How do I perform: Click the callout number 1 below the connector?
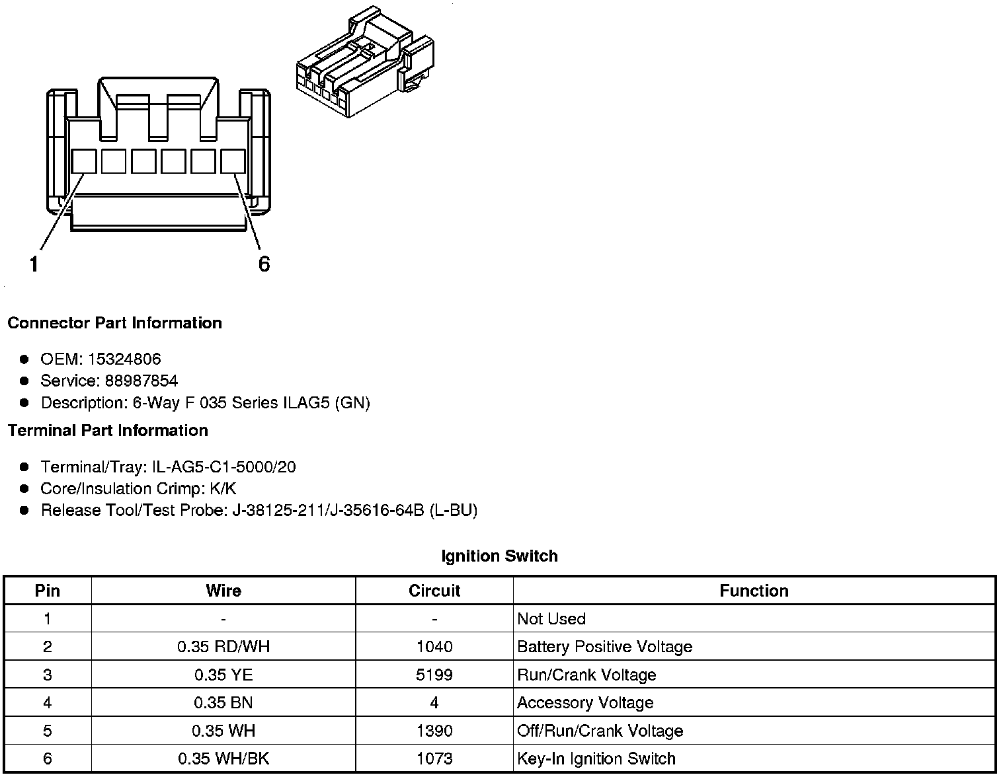[34, 264]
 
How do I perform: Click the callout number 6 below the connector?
[264, 264]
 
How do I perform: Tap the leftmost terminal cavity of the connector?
[83, 161]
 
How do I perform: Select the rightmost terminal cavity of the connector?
[233, 161]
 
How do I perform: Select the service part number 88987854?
[141, 381]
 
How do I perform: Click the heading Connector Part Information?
[114, 323]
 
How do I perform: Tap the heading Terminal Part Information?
[108, 431]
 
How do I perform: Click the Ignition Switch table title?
[499, 556]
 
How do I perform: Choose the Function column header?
[754, 591]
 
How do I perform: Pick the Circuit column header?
[434, 591]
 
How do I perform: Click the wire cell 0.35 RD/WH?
[223, 647]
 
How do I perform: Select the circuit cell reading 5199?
[434, 675]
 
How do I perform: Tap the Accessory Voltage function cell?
[585, 703]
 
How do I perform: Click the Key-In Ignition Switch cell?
[596, 758]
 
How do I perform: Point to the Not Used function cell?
[551, 619]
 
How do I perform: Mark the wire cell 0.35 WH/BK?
[223, 758]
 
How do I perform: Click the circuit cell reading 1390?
[434, 731]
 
